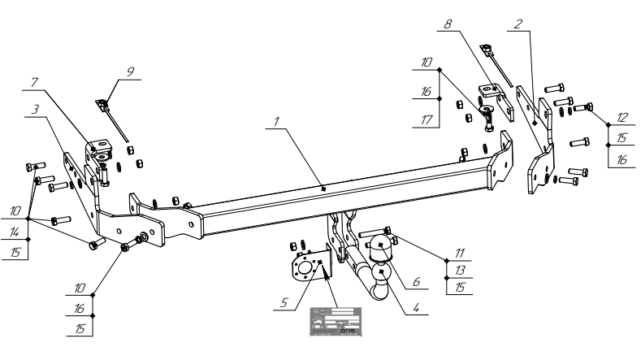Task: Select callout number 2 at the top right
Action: click(x=517, y=24)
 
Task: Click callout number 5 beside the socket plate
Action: click(x=284, y=302)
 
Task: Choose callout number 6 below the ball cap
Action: click(x=415, y=281)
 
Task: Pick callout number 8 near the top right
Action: click(x=448, y=25)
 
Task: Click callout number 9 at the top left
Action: click(x=129, y=72)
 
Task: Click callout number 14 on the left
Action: click(x=15, y=232)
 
